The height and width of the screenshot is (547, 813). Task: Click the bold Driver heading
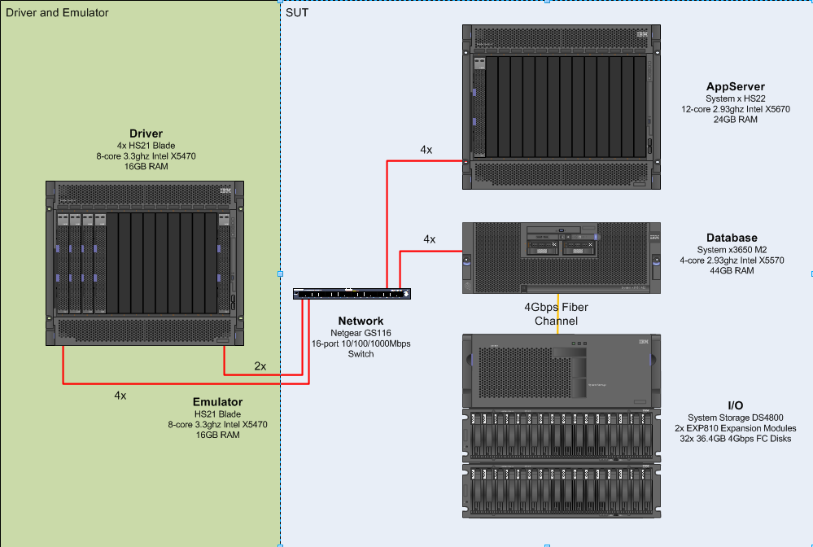pyautogui.click(x=146, y=133)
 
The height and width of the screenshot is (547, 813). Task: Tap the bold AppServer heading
pyautogui.click(x=735, y=87)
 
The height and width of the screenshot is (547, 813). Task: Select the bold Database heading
pyautogui.click(x=732, y=238)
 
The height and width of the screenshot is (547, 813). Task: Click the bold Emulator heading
pyautogui.click(x=217, y=402)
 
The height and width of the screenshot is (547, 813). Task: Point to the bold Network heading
pyautogui.click(x=361, y=321)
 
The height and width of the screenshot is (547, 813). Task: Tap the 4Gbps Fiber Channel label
pyautogui.click(x=556, y=313)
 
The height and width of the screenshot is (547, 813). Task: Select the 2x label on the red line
pyautogui.click(x=260, y=366)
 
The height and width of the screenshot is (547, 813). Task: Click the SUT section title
pyautogui.click(x=297, y=12)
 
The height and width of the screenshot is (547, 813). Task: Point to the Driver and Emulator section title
pyautogui.click(x=57, y=12)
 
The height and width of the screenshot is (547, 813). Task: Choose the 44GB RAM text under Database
pyautogui.click(x=732, y=270)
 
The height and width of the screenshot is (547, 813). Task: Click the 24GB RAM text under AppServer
pyautogui.click(x=735, y=119)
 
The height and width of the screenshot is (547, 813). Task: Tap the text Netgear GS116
pyautogui.click(x=361, y=332)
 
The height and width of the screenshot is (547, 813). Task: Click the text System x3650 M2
pyautogui.click(x=732, y=249)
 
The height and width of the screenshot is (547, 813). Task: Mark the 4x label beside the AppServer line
pyautogui.click(x=426, y=150)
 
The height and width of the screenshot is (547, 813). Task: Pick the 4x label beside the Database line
pyautogui.click(x=430, y=239)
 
